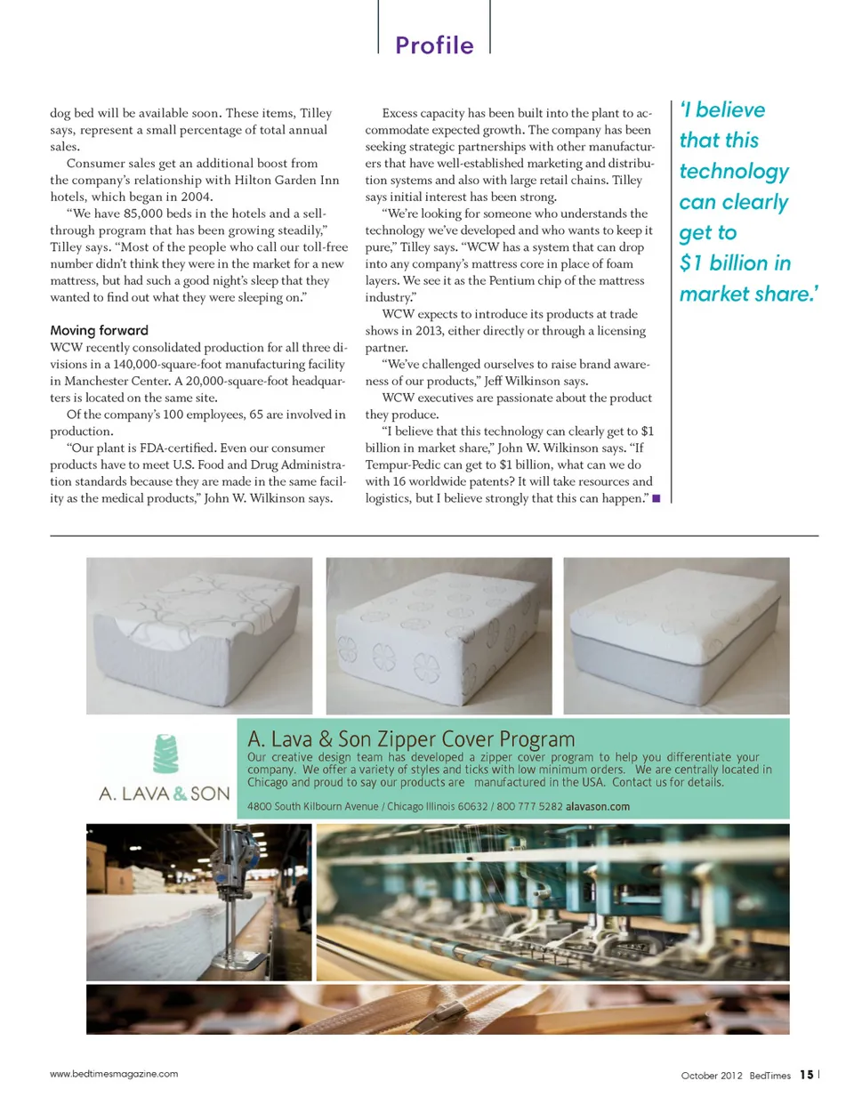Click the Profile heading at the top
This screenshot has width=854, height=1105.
pyautogui.click(x=434, y=45)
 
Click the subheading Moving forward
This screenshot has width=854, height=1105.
pyautogui.click(x=99, y=330)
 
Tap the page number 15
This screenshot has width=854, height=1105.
pyautogui.click(x=806, y=1075)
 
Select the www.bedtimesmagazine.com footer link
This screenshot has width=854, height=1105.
pyautogui.click(x=114, y=1074)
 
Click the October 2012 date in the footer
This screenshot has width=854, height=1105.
pyautogui.click(x=711, y=1076)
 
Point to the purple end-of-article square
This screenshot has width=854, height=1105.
pyautogui.click(x=656, y=498)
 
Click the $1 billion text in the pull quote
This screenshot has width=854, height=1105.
pyautogui.click(x=723, y=263)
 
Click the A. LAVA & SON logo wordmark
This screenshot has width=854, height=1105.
pyautogui.click(x=165, y=794)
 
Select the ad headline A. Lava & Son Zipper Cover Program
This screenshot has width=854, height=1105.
pyautogui.click(x=411, y=739)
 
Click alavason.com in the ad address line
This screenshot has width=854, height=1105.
pyautogui.click(x=598, y=807)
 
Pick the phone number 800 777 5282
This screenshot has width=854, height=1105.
pyautogui.click(x=529, y=807)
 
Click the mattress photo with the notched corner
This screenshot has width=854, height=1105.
pyautogui.click(x=199, y=635)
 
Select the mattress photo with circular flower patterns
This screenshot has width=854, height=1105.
pyautogui.click(x=439, y=635)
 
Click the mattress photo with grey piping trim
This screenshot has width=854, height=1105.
pyautogui.click(x=676, y=635)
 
